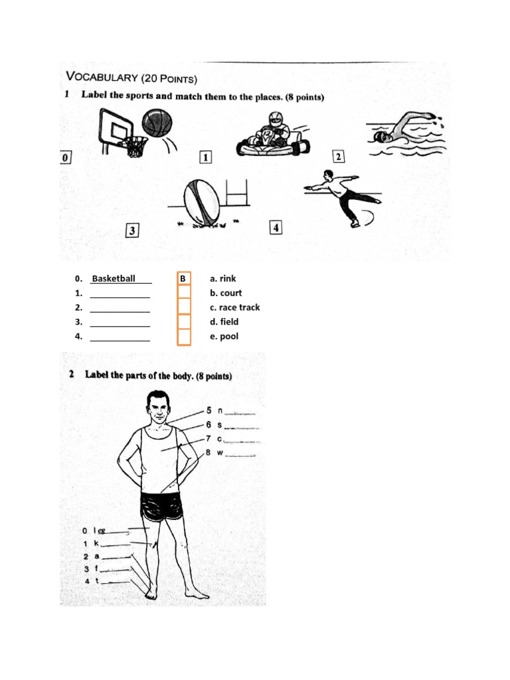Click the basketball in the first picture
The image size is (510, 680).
tap(157, 124)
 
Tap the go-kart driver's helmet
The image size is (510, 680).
tap(276, 120)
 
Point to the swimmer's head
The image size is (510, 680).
tap(379, 137)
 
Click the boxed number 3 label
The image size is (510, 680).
tap(133, 230)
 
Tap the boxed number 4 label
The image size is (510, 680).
tap(276, 227)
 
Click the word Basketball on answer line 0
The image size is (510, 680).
tap(114, 278)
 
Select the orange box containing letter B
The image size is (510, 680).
tap(183, 279)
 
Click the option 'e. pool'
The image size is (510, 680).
tap(224, 336)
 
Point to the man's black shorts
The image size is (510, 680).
tap(161, 507)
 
